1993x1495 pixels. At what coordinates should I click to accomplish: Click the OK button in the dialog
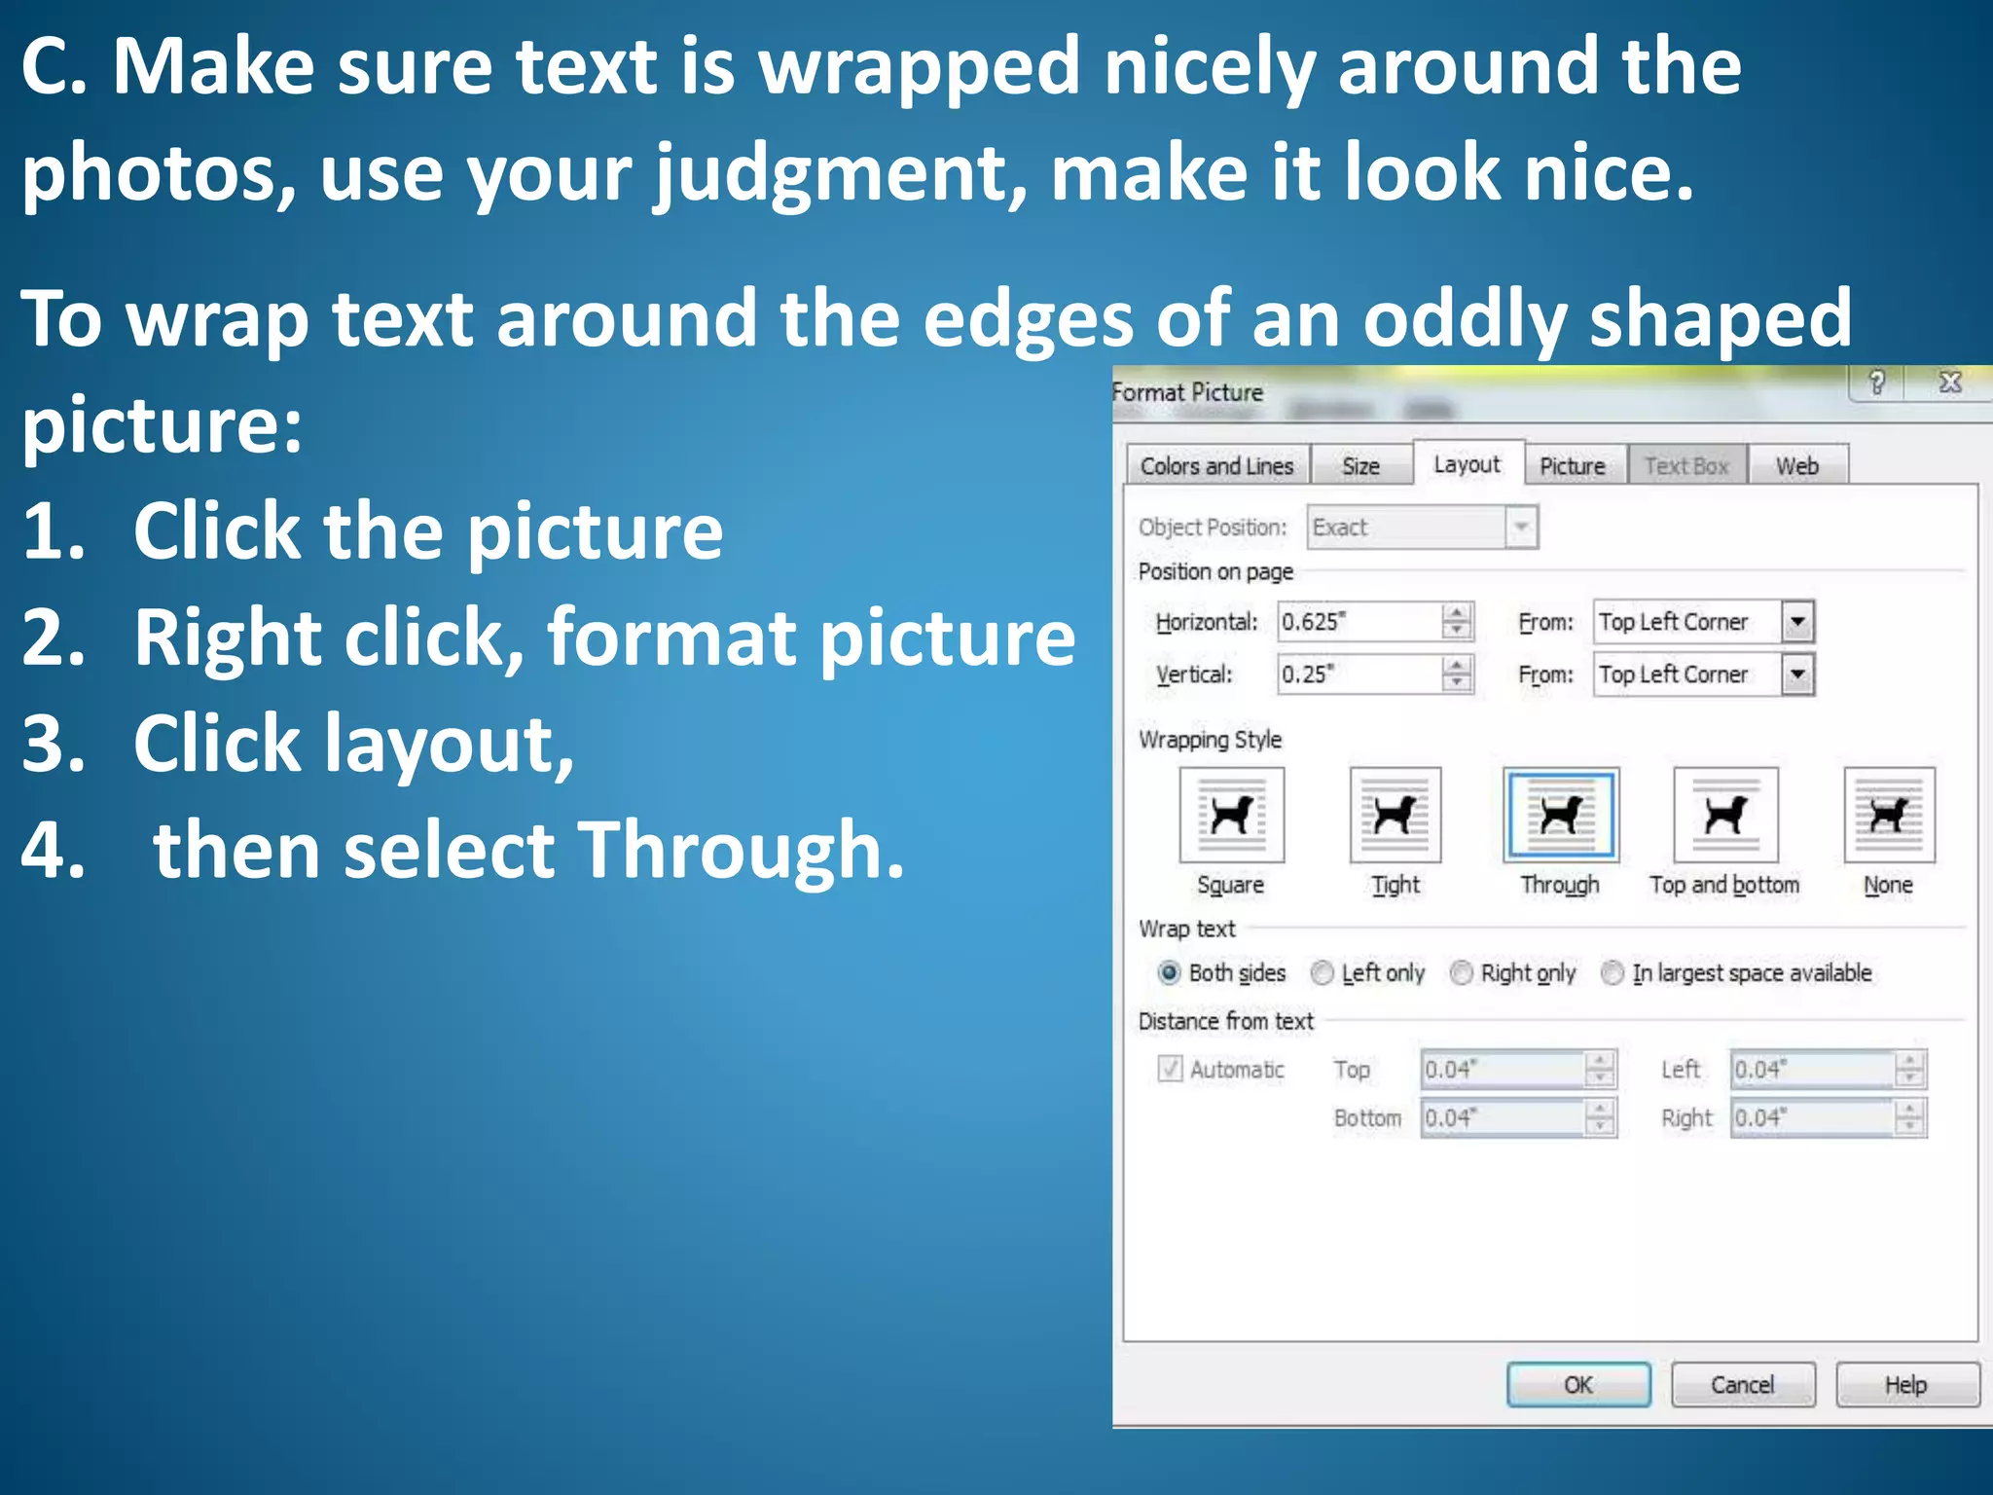click(1577, 1384)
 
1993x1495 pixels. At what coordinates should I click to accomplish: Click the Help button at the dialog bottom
click(1906, 1384)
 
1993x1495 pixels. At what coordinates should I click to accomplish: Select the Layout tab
click(1467, 464)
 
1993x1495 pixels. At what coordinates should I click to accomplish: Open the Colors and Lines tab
click(1216, 466)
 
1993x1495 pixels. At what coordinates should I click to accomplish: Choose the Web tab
click(1796, 466)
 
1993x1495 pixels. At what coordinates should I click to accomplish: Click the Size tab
click(1360, 466)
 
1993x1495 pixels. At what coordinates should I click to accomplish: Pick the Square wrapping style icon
click(1231, 815)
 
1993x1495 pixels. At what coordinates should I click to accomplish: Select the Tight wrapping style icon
click(1395, 815)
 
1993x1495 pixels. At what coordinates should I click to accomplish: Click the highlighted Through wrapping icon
click(1561, 815)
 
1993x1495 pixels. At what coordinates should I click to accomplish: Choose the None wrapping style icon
click(1889, 815)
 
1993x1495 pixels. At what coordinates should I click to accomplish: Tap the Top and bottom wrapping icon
click(1725, 815)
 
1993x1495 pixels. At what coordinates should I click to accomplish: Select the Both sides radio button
click(1170, 972)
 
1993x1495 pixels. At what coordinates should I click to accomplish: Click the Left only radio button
click(1322, 972)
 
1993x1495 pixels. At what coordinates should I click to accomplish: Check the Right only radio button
click(1461, 972)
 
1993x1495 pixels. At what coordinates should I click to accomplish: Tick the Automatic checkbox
click(1170, 1069)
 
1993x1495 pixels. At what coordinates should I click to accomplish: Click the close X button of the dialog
click(1950, 383)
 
